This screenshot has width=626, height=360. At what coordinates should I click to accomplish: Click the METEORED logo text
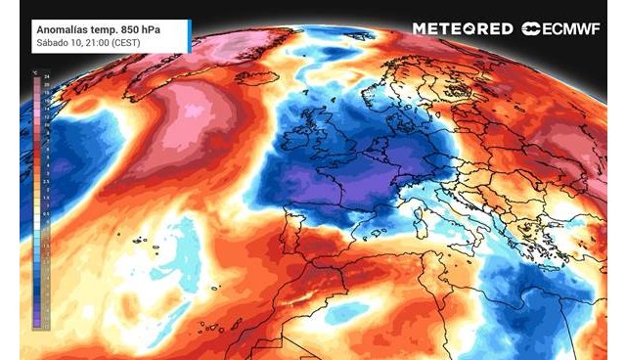[x=462, y=28]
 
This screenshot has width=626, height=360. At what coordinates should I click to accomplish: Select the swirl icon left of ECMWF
[x=532, y=28]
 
